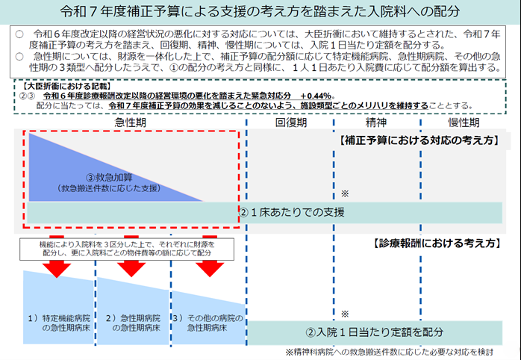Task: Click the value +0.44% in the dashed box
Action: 316,96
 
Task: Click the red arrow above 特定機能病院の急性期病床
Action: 57,267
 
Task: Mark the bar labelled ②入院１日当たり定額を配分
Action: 374,331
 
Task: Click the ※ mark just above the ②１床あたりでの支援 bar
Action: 345,192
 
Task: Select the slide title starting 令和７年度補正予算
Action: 260,13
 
